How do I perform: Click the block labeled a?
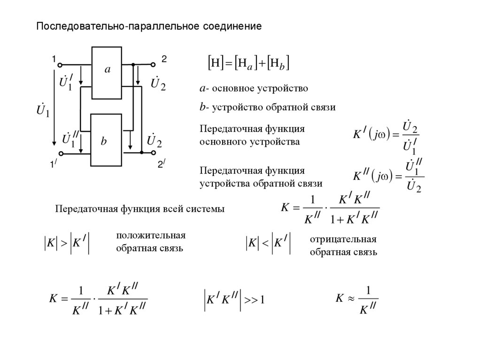pyautogui.click(x=107, y=72)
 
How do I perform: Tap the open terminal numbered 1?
pyautogui.click(x=61, y=64)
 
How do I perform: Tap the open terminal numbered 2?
pyautogui.click(x=153, y=64)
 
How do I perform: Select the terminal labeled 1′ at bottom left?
pyautogui.click(x=61, y=153)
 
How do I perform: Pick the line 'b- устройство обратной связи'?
pyautogui.click(x=267, y=107)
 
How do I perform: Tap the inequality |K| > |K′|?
pyautogui.click(x=66, y=244)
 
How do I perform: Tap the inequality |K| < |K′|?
pyautogui.click(x=268, y=244)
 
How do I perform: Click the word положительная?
pyautogui.click(x=151, y=236)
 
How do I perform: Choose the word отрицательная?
pyautogui.click(x=343, y=240)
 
